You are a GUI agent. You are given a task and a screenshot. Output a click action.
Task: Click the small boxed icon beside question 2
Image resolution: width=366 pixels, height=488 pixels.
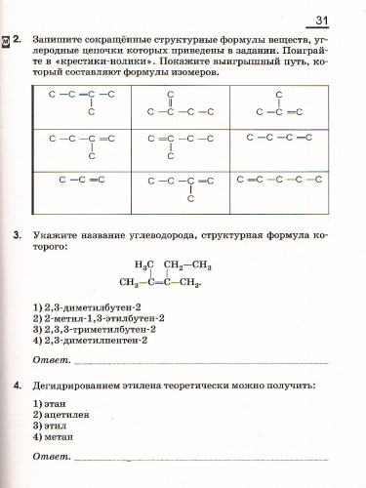coord(7,43)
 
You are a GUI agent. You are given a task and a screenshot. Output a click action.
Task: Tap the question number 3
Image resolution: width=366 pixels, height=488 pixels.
coord(20,235)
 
